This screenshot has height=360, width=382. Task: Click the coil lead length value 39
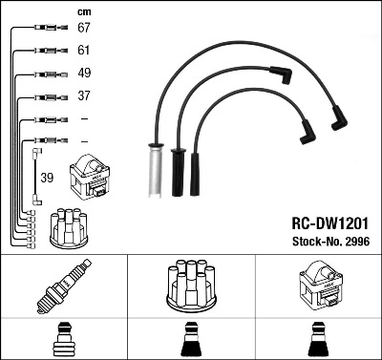pyautogui.click(x=46, y=179)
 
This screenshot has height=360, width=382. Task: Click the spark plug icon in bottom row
pyautogui.click(x=62, y=287)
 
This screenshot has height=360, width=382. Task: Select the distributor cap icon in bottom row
pyautogui.click(x=191, y=286)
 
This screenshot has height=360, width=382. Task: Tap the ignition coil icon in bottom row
pyautogui.click(x=317, y=287)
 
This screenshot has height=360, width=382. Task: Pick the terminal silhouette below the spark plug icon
pyautogui.click(x=63, y=339)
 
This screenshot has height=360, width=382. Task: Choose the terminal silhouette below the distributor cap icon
pyautogui.click(x=190, y=339)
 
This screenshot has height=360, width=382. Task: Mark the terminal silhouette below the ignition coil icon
pyautogui.click(x=317, y=339)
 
